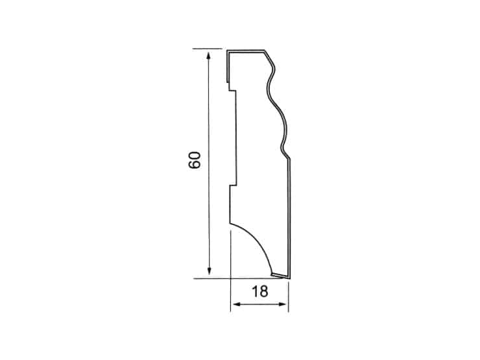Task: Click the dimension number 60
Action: pyautogui.click(x=195, y=160)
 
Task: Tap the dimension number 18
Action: pyautogui.click(x=260, y=291)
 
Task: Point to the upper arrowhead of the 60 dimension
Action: pyautogui.click(x=208, y=56)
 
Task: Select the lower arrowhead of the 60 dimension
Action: pyautogui.click(x=210, y=270)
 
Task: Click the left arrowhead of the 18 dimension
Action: pyautogui.click(x=238, y=304)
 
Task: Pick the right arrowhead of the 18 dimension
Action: pyautogui.click(x=282, y=304)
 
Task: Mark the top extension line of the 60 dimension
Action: pyautogui.click(x=208, y=49)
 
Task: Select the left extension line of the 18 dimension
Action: pyautogui.click(x=230, y=271)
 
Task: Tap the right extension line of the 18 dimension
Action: pyautogui.click(x=289, y=296)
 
